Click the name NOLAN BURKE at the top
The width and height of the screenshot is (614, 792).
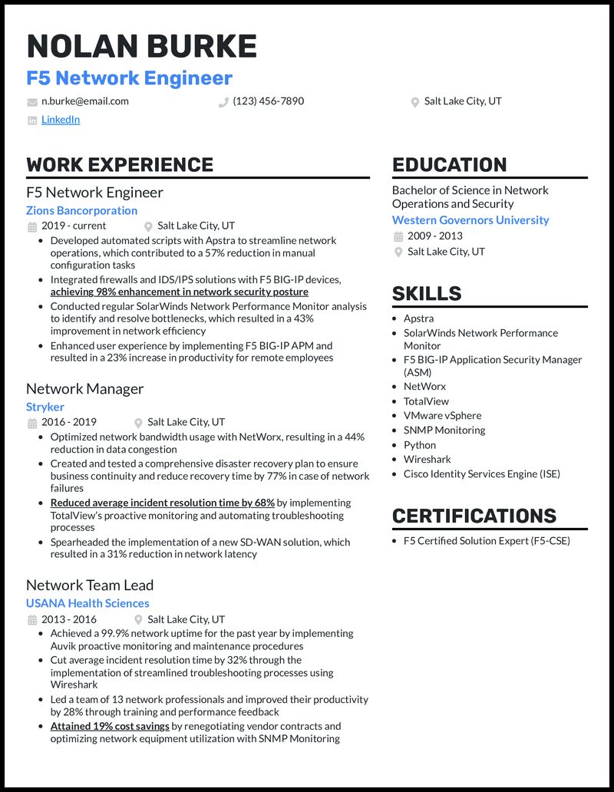141,47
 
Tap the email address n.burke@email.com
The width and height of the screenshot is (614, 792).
85,101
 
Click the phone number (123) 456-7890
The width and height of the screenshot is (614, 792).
268,101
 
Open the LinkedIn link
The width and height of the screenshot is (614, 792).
61,120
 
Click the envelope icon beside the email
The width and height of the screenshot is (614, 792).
32,102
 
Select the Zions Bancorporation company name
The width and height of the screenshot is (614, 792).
81,210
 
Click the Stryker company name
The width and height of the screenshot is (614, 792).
45,407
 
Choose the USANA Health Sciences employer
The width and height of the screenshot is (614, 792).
87,603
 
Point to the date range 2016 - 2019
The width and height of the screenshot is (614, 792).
69,422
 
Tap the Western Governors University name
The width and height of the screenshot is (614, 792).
470,220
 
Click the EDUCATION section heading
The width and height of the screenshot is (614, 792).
449,165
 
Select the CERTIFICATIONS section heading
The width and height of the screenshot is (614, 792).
474,516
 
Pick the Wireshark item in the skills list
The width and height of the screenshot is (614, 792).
427,460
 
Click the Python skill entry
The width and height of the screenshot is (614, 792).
420,445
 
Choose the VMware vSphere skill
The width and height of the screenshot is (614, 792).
443,416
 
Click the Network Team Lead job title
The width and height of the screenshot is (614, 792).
90,586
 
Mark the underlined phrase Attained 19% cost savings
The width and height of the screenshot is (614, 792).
110,726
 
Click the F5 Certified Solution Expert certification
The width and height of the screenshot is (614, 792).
487,541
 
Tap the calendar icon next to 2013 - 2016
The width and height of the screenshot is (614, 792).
32,620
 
